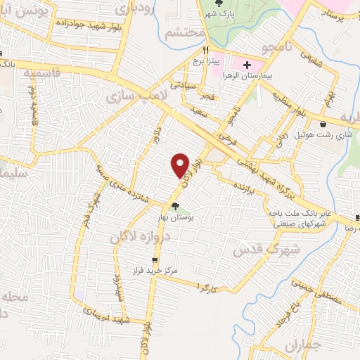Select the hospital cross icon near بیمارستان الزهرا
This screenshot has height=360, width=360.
click(x=247, y=65)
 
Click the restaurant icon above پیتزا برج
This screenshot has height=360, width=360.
click(x=206, y=51)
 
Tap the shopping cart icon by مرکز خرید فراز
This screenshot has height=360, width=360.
click(x=155, y=259)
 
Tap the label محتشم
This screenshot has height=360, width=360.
click(x=184, y=33)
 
